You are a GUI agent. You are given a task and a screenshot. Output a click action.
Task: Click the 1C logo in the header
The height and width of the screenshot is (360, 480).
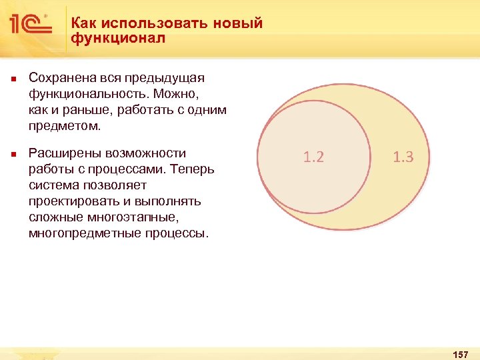(x=31, y=25)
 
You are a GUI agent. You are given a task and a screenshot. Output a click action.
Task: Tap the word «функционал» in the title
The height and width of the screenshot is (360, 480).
(x=118, y=39)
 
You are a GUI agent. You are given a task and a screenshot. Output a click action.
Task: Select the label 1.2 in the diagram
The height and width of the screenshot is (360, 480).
(x=313, y=157)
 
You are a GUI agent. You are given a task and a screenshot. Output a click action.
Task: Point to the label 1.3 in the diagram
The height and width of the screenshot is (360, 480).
(x=403, y=157)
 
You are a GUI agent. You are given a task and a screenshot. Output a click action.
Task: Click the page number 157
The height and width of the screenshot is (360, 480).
(x=460, y=353)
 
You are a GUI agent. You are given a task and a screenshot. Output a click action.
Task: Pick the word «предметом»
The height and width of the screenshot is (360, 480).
(x=64, y=126)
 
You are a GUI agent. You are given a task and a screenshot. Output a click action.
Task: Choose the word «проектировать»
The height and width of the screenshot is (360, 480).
(x=75, y=201)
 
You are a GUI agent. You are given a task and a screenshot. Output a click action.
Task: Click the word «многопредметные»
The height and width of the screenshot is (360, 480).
(x=83, y=233)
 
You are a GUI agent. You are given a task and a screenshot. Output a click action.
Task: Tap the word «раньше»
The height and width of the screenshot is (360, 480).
(x=84, y=110)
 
